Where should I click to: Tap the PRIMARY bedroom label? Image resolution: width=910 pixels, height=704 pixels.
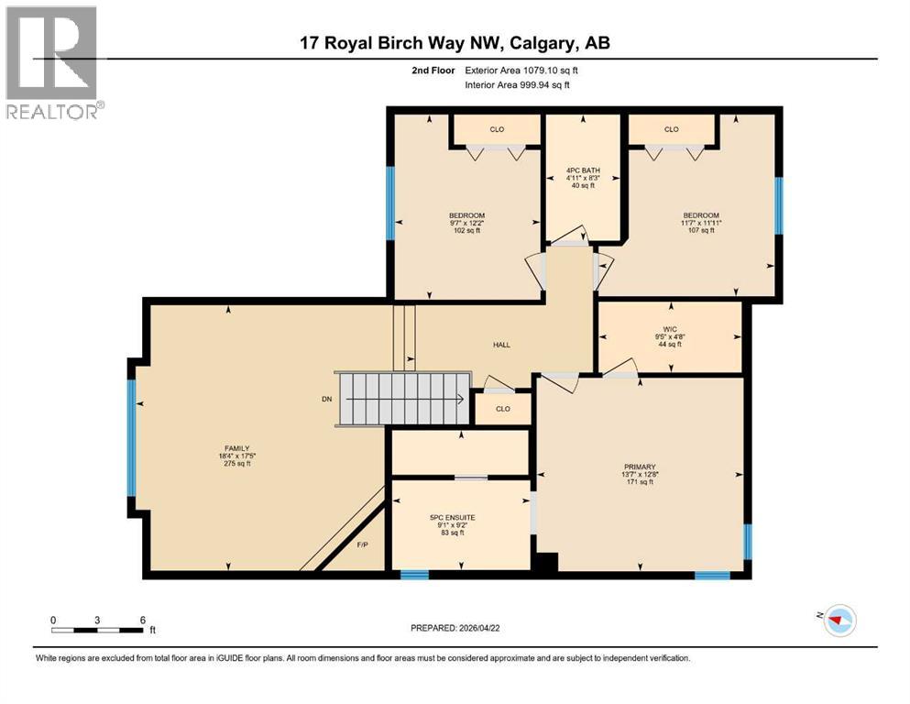[640, 467]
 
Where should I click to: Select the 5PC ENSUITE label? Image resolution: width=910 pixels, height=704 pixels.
[458, 517]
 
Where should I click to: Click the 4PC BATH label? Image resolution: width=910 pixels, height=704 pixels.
[583, 170]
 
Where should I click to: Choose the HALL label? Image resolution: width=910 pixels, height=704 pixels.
[501, 345]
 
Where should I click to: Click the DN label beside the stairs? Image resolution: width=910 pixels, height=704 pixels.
[326, 399]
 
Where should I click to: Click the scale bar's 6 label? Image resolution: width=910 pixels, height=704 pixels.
[142, 620]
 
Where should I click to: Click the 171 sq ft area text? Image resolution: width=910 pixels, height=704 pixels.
[640, 482]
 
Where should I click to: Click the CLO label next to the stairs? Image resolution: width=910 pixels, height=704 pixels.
[502, 409]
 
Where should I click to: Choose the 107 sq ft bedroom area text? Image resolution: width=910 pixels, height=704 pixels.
[700, 230]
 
